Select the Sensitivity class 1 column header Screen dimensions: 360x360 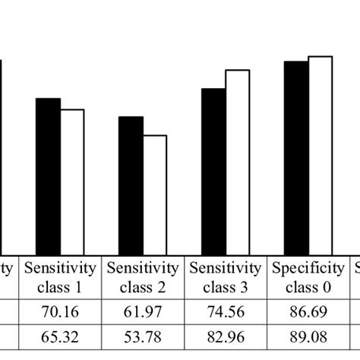(x=61, y=276)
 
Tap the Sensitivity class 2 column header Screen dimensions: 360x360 (x=144, y=276)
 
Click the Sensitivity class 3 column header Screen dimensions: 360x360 (x=226, y=276)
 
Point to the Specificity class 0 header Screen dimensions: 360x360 (x=308, y=276)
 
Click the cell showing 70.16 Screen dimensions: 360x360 (x=61, y=312)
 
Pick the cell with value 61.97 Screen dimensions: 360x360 (x=144, y=312)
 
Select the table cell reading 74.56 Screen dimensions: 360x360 (x=226, y=312)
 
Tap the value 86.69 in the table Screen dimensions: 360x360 (x=308, y=312)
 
